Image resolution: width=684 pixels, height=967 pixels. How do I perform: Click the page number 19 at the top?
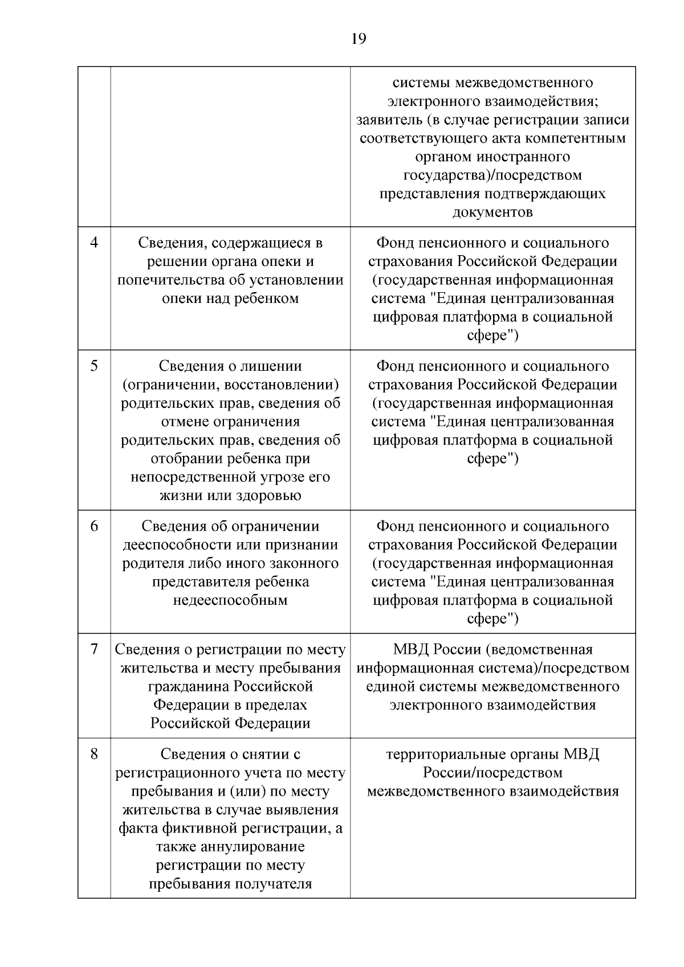[359, 39]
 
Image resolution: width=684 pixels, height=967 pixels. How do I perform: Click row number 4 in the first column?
[94, 243]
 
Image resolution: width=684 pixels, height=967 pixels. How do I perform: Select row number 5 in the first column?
[94, 366]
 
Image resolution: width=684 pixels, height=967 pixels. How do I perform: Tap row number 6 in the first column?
[94, 526]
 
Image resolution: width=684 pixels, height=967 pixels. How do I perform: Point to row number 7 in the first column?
[94, 649]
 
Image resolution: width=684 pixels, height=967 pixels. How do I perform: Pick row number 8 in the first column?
[94, 754]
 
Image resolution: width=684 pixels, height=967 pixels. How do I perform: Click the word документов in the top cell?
[492, 212]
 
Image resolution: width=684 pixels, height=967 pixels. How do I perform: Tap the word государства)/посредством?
[492, 175]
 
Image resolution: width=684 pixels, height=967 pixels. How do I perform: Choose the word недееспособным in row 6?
[230, 600]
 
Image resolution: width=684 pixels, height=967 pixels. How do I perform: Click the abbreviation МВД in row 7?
[412, 649]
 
